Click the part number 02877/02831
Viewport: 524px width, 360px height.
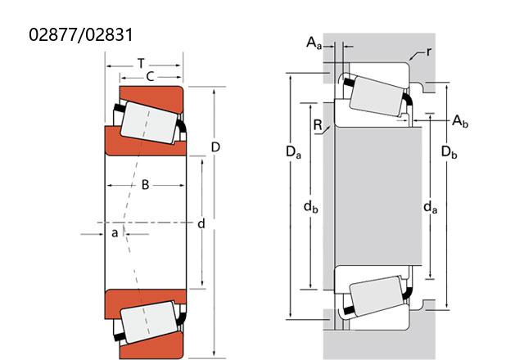point(80,34)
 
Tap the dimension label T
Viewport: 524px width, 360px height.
point(142,63)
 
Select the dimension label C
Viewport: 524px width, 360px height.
point(150,77)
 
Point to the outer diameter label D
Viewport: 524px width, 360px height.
point(215,147)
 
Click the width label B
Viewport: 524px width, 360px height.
point(145,185)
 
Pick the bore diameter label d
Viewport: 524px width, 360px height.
point(201,223)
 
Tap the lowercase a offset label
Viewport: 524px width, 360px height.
point(115,232)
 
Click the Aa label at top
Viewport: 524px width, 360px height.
point(314,43)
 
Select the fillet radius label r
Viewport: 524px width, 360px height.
point(429,52)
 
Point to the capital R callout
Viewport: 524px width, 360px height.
point(318,125)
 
